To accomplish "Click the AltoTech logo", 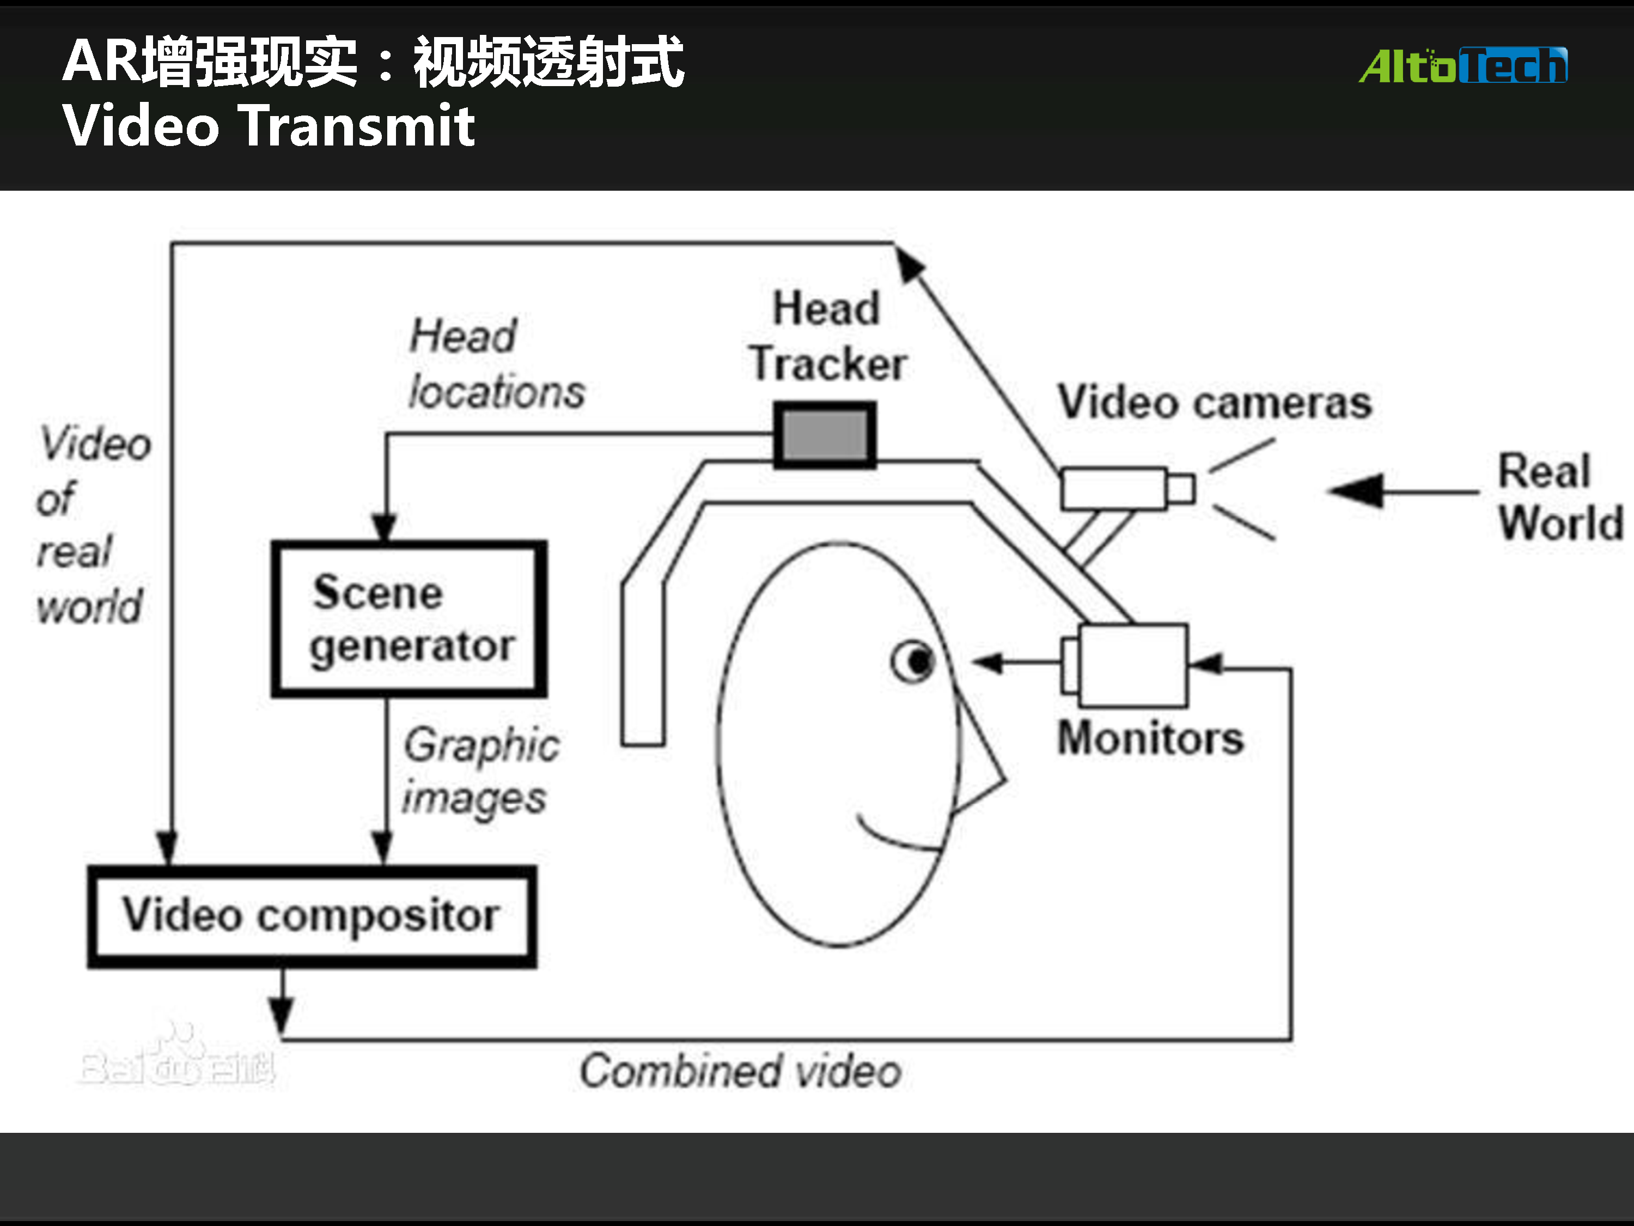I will [x=1462, y=66].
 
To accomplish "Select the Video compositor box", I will [x=312, y=917].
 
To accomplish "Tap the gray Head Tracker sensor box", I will [x=825, y=435].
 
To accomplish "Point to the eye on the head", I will [x=914, y=660].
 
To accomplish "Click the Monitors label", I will [x=1150, y=738].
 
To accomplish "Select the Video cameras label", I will [x=1215, y=403].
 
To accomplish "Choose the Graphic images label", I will [x=481, y=772].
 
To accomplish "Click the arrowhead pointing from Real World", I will [x=1356, y=491].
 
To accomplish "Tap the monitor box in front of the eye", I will [x=1132, y=664].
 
